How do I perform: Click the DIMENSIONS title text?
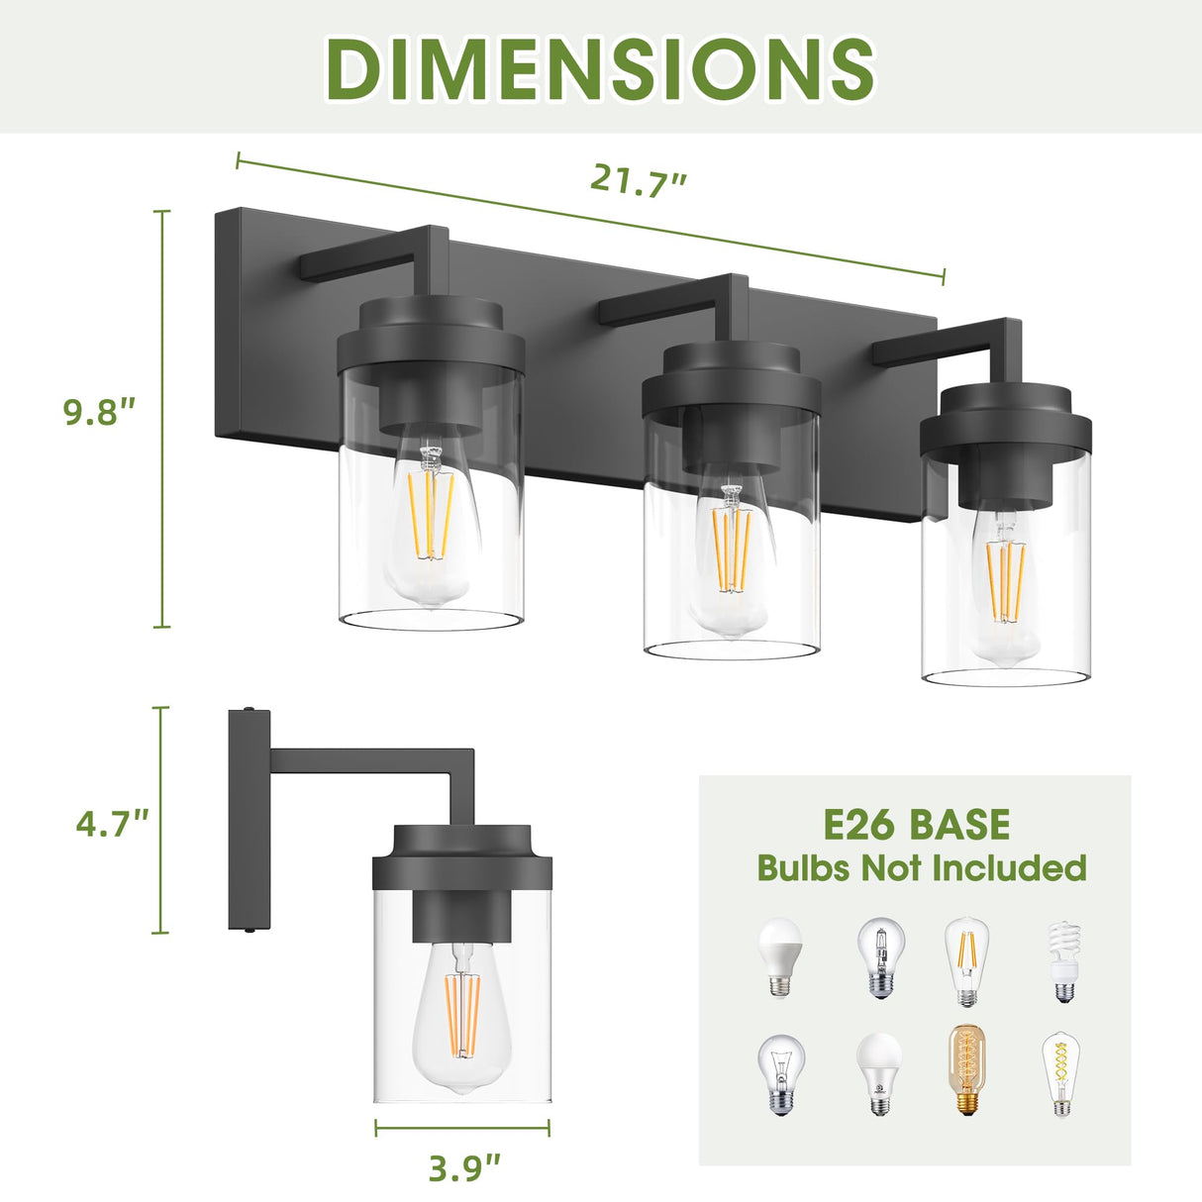tap(600, 67)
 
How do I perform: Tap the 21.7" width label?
tap(639, 181)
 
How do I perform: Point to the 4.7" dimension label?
tap(112, 823)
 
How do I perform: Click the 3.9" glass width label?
tap(464, 1168)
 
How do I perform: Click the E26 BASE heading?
tap(916, 825)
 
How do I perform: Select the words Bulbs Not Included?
tap(921, 868)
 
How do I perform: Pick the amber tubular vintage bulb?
tap(966, 1071)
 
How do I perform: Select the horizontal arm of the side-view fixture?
tap(361, 760)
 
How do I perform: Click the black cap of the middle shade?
tap(731, 381)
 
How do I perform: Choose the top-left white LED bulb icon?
tap(780, 956)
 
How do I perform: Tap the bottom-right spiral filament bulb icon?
tap(1061, 1073)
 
